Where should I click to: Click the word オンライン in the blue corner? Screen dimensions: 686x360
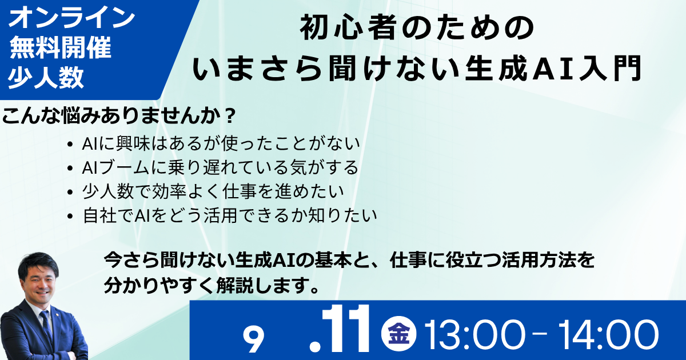tap(71, 18)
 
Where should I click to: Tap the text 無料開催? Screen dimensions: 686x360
tap(61, 48)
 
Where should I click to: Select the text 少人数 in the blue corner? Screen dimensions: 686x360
tap(46, 77)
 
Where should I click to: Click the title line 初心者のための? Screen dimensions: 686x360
tap(417, 29)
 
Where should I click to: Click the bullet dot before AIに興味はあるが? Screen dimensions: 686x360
tap(70, 145)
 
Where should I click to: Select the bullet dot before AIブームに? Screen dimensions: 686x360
tap(70, 169)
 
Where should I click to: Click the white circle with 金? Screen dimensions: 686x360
tap(399, 333)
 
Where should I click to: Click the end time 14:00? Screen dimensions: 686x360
tap(608, 335)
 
